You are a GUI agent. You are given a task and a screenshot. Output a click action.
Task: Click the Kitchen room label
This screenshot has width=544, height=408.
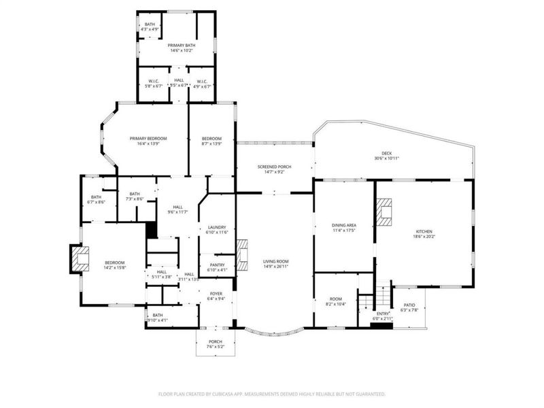tap(424, 231)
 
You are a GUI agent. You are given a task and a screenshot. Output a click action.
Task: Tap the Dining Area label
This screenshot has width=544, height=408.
tap(343, 225)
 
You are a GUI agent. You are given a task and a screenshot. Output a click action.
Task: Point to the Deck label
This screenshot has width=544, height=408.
tap(386, 153)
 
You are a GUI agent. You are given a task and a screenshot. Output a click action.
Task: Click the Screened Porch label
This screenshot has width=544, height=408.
tap(274, 167)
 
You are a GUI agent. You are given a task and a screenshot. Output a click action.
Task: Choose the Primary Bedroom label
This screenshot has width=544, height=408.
tap(148, 138)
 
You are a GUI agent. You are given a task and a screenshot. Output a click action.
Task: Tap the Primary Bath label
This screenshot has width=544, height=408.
tap(181, 45)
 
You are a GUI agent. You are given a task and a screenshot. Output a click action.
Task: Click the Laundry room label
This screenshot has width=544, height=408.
tap(216, 227)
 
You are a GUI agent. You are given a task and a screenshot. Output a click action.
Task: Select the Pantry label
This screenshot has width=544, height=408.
tap(216, 265)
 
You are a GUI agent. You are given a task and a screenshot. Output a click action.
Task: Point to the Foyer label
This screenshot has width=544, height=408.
tap(216, 294)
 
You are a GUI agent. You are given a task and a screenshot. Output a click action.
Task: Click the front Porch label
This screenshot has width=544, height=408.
tap(215, 341)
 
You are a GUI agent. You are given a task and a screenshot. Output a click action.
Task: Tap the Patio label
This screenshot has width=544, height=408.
tap(409, 305)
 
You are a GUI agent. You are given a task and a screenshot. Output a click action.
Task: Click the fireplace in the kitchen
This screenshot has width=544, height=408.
tap(385, 211)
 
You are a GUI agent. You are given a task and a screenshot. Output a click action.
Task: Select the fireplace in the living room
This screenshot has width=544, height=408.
tap(241, 252)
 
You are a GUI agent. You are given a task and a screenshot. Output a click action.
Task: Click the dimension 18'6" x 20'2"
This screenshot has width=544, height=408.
tap(424, 237)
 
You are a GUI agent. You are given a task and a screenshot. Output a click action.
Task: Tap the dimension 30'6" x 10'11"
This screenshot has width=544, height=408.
tap(386, 158)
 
